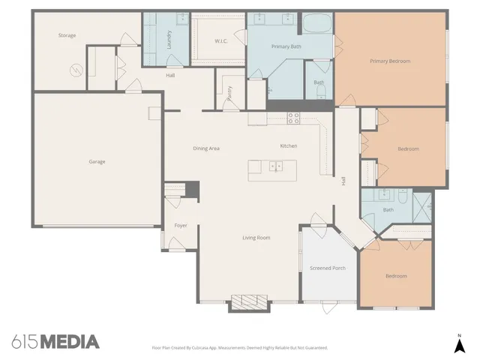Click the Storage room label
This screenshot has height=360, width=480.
coord(67,35)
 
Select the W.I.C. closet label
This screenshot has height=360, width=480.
coord(220,41)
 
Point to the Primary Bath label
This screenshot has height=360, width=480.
coord(286,46)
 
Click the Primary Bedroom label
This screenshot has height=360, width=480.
coord(390,61)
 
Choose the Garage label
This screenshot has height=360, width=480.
coord(97,161)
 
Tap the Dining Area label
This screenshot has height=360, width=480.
coord(205,148)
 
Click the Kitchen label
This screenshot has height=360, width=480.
coord(289,145)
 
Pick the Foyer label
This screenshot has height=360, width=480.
coord(181,225)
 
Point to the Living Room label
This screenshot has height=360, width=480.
coord(256,238)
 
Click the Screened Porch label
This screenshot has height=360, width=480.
coord(328,268)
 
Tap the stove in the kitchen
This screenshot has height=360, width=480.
coord(293,117)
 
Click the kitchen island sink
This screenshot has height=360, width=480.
coord(275,166)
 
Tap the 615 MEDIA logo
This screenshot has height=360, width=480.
coord(56,342)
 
